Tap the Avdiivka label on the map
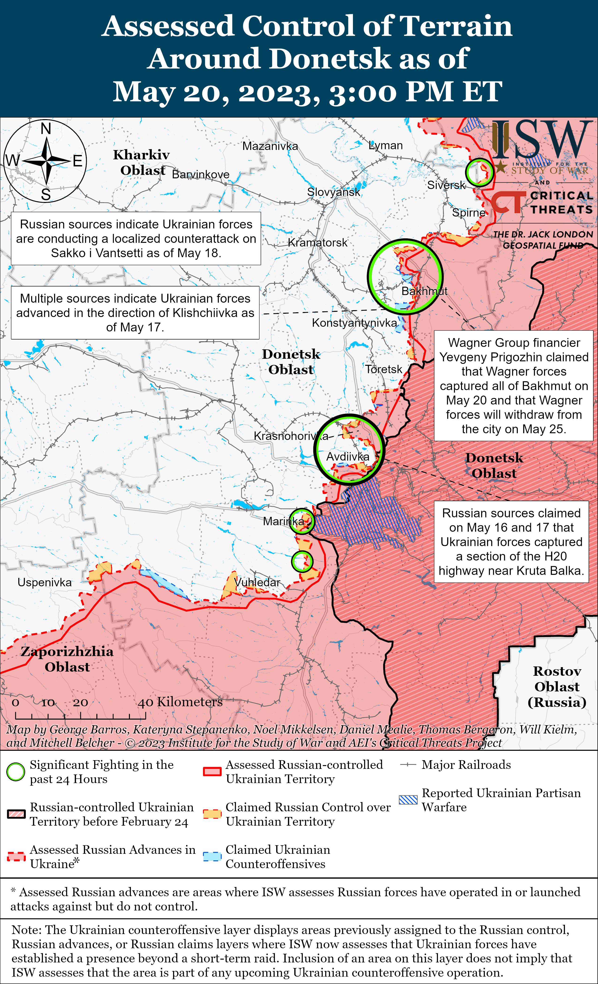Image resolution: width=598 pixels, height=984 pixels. [x=348, y=457]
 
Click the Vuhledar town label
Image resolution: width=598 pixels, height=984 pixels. [x=257, y=582]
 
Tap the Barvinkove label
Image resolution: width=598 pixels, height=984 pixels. [x=201, y=175]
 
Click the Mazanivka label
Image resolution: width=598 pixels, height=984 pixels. [x=270, y=146]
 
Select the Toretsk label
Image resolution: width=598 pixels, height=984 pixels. [x=384, y=369]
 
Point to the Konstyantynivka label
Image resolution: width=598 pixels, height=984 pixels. [x=355, y=323]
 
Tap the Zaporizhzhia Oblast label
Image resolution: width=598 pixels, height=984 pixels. [x=67, y=659]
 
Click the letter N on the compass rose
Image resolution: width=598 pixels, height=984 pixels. [x=46, y=129]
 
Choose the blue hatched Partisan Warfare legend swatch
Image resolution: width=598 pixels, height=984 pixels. [x=408, y=800]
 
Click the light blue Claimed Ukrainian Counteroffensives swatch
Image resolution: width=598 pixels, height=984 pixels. [x=212, y=857]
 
